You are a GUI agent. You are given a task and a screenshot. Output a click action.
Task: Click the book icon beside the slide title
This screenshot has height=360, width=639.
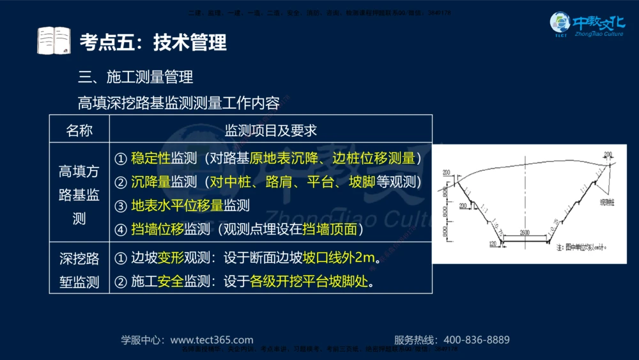tap(54, 41)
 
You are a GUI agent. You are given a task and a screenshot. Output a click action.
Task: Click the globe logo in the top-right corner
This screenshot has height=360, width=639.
tap(560, 23)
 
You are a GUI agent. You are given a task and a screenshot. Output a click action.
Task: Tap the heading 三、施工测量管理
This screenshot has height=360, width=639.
tap(135, 78)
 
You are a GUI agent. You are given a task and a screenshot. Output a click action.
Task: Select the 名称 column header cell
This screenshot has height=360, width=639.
tap(79, 130)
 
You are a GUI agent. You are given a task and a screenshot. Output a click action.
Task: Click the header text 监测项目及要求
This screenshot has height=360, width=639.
tap(271, 130)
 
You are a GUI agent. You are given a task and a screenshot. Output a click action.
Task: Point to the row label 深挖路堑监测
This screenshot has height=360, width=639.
tap(79, 270)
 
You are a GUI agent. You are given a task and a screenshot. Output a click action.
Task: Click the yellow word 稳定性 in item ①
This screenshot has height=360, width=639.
tap(150, 158)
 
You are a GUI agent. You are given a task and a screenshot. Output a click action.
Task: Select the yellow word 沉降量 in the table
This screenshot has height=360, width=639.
tap(150, 182)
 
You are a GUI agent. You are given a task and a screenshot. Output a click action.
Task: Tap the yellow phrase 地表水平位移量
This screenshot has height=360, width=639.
tap(177, 205)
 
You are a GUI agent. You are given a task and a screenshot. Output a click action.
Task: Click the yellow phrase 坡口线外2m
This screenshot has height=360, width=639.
tap(338, 258)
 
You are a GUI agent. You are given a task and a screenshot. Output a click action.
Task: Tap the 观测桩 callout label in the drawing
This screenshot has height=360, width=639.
tap(606, 202)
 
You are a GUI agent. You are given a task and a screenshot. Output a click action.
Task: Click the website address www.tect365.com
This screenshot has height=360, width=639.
tap(212, 340)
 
